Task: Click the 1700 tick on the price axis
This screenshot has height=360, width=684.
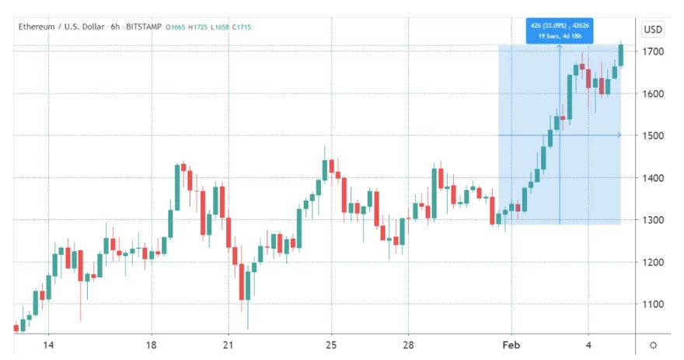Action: click(652, 51)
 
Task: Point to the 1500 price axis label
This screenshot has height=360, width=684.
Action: click(652, 136)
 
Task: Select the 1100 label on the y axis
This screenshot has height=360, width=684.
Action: click(652, 305)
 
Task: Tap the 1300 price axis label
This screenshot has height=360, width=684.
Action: click(652, 220)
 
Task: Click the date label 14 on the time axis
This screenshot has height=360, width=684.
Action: click(47, 345)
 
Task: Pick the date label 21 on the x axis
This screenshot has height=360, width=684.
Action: click(228, 345)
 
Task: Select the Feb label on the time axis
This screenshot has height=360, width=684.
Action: click(510, 345)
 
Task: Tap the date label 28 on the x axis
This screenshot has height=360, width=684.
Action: click(408, 345)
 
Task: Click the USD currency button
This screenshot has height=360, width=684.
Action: click(652, 30)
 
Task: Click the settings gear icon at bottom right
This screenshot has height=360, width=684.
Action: click(652, 345)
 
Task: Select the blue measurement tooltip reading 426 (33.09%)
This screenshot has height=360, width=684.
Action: click(560, 32)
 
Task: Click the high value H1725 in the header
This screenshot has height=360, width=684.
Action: click(204, 27)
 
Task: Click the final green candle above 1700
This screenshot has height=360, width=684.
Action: click(621, 55)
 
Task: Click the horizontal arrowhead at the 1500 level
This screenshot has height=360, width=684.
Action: click(618, 136)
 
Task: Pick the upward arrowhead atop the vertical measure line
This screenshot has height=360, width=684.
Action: click(560, 48)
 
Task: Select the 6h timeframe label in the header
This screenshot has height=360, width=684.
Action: click(115, 27)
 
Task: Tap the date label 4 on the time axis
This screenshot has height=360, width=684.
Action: click(588, 345)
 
